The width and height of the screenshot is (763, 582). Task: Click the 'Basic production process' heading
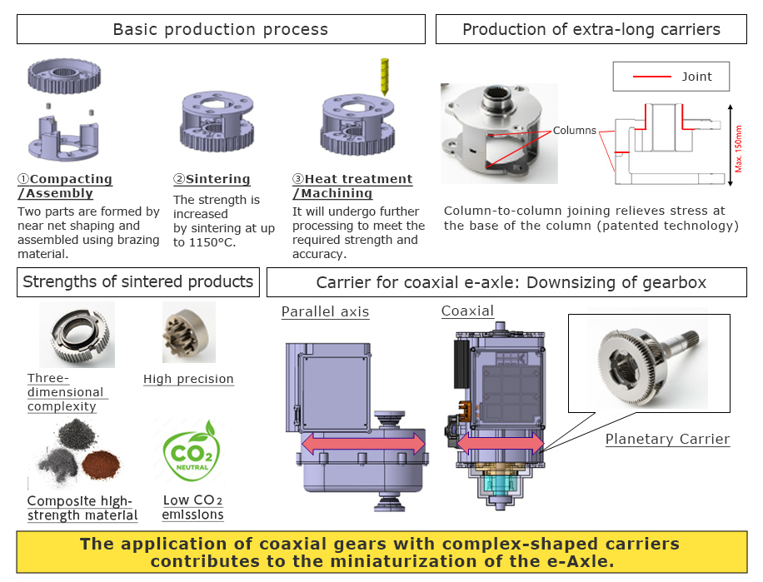[220, 30]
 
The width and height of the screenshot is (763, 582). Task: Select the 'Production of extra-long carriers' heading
[591, 30]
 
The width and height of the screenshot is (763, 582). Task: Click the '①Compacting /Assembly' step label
[65, 186]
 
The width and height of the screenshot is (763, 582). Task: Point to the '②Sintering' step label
[212, 179]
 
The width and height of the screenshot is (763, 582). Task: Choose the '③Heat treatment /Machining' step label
[352, 186]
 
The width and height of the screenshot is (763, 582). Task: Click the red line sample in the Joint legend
[651, 77]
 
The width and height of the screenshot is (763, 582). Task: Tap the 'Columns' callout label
[575, 131]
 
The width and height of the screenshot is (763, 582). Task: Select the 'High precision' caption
[188, 379]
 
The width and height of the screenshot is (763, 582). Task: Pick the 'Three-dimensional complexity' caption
[65, 392]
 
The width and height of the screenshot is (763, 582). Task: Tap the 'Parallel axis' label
[324, 311]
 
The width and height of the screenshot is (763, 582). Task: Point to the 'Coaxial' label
[467, 311]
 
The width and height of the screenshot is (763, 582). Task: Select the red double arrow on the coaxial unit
[500, 443]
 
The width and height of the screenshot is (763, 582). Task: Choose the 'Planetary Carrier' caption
[666, 439]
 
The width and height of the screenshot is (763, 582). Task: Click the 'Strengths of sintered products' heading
[138, 281]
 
